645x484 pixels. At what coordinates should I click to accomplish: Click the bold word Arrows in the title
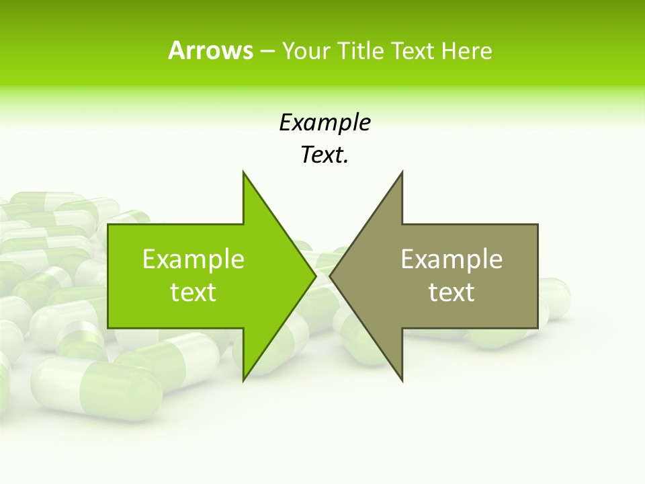pyautogui.click(x=210, y=50)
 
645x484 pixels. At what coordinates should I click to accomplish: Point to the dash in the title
pyautogui.click(x=267, y=51)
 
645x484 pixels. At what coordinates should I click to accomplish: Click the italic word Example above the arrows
pyautogui.click(x=325, y=122)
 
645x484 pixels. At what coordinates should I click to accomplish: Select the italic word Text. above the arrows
pyautogui.click(x=325, y=155)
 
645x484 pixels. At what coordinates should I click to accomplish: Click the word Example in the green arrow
pyautogui.click(x=193, y=259)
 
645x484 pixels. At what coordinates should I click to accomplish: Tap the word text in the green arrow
pyautogui.click(x=193, y=292)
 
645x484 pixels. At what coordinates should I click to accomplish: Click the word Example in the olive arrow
pyautogui.click(x=451, y=259)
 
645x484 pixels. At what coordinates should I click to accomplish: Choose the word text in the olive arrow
pyautogui.click(x=451, y=292)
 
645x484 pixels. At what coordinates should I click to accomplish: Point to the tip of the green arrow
pyautogui.click(x=316, y=276)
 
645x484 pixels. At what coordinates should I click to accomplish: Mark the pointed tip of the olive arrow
pyautogui.click(x=330, y=276)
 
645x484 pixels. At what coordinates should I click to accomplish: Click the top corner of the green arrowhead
pyautogui.click(x=243, y=171)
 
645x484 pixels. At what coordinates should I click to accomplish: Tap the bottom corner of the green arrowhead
pyautogui.click(x=243, y=380)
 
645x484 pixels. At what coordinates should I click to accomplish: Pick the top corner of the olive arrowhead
pyautogui.click(x=402, y=171)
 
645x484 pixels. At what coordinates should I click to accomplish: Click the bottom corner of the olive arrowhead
pyautogui.click(x=402, y=380)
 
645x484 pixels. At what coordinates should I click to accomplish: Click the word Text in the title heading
pyautogui.click(x=412, y=50)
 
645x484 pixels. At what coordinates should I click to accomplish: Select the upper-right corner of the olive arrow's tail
pyautogui.click(x=537, y=225)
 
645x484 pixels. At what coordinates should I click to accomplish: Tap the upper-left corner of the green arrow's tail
pyautogui.click(x=108, y=225)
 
